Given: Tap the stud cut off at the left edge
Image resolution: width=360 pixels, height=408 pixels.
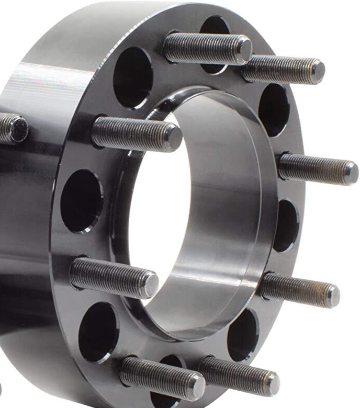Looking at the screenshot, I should (13, 128).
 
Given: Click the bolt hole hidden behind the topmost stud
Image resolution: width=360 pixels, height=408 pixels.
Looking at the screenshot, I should (214, 31).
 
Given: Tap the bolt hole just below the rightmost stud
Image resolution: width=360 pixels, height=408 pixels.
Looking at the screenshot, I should (286, 225).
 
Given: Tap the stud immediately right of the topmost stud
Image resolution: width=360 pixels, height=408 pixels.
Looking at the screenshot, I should (285, 70).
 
